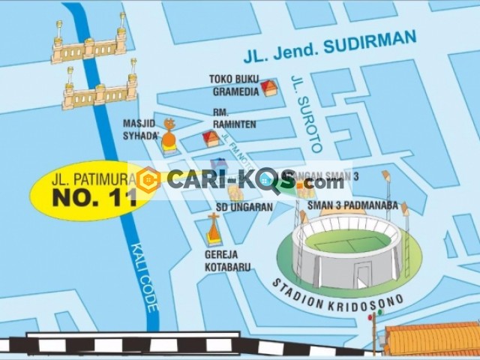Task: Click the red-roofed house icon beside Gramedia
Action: (268, 88)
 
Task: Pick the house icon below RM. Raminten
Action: (211, 139)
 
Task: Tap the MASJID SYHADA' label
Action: (141, 130)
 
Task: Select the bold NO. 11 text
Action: (93, 198)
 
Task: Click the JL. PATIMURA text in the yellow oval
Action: (93, 180)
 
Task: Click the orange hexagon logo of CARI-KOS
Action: (148, 180)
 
